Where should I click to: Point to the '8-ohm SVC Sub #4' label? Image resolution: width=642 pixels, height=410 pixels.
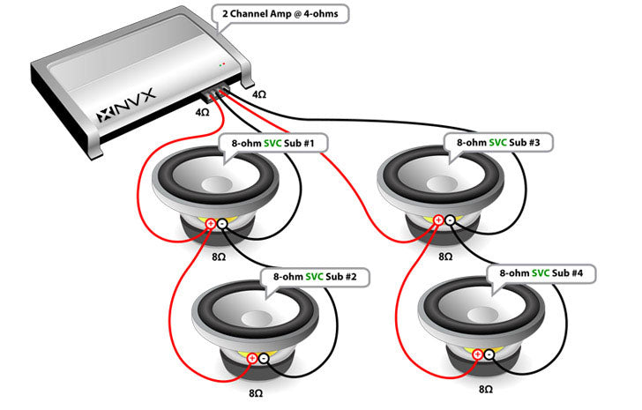coord(541,273)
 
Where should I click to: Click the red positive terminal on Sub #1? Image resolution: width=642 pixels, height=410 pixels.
coord(212,225)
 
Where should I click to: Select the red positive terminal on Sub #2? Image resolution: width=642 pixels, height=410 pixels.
coord(253,358)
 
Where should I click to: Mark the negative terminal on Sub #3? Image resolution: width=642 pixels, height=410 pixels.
coord(450,220)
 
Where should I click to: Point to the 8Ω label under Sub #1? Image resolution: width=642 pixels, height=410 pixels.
coord(217,257)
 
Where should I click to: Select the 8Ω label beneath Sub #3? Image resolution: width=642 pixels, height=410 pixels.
coord(445,256)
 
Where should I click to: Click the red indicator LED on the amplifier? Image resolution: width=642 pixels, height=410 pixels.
coord(221,64)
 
